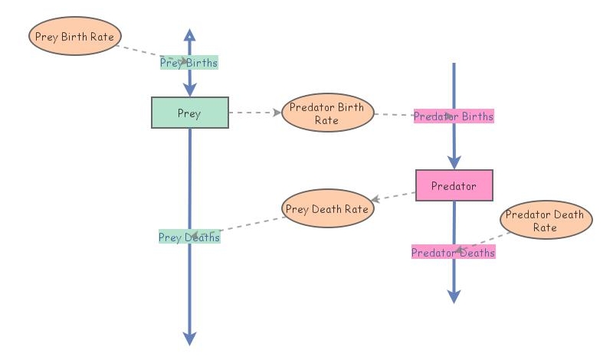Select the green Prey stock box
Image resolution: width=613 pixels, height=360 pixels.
click(189, 113)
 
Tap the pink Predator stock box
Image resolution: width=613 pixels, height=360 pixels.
click(454, 185)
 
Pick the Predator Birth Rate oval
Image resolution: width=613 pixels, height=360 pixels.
click(327, 113)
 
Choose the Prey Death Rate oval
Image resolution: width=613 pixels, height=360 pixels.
click(328, 208)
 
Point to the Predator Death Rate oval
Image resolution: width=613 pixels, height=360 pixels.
click(546, 221)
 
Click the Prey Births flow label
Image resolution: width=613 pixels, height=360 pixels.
click(188, 63)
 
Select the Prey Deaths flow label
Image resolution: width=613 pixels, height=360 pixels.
click(188, 237)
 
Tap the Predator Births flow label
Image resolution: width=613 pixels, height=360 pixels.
click(454, 116)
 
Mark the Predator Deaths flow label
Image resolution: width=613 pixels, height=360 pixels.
click(453, 252)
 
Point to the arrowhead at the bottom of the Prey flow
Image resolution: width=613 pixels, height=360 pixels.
click(189, 339)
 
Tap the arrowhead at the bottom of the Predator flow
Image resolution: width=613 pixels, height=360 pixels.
click(454, 296)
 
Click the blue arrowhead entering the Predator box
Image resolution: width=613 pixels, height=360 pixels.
click(454, 162)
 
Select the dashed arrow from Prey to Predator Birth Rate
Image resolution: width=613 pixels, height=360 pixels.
click(254, 113)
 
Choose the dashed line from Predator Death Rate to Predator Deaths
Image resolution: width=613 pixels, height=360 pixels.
click(483, 239)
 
